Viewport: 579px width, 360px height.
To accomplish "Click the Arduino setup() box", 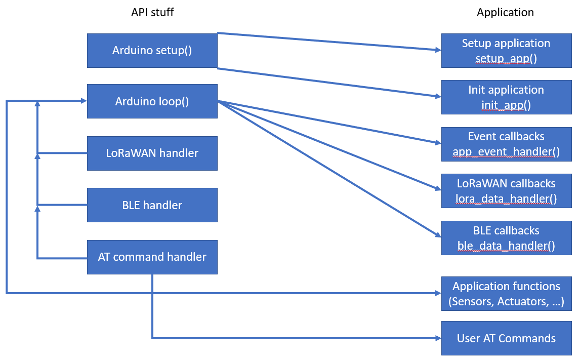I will coord(152,51).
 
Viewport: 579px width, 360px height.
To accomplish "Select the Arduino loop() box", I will coord(152,101).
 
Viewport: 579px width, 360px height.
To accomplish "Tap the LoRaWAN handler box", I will coord(152,153).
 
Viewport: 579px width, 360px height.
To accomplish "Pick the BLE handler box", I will coord(152,205).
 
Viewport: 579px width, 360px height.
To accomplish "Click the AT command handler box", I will coord(152,257).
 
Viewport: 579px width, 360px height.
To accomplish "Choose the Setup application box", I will coord(506,51).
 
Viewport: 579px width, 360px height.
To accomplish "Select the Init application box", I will coord(506,97).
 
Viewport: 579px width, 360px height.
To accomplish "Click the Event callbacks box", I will coord(506,144).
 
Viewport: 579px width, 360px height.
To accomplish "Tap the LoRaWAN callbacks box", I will coord(506,190).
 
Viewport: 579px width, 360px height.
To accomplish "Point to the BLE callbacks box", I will coord(506,237).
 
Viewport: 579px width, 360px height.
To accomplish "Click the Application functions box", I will coord(506,294).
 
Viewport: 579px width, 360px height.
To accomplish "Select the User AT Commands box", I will coord(506,338).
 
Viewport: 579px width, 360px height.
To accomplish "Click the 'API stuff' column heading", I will coord(152,12).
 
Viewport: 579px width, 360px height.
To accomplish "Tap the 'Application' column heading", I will coord(505,12).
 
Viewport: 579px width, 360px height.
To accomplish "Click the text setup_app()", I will coord(506,59).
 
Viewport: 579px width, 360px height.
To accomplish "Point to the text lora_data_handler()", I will coord(506,198).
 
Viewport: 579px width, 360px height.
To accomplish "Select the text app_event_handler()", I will coord(506,152).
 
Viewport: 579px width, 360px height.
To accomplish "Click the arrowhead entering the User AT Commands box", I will coord(438,338).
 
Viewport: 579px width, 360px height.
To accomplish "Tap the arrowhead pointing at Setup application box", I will coord(438,50).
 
